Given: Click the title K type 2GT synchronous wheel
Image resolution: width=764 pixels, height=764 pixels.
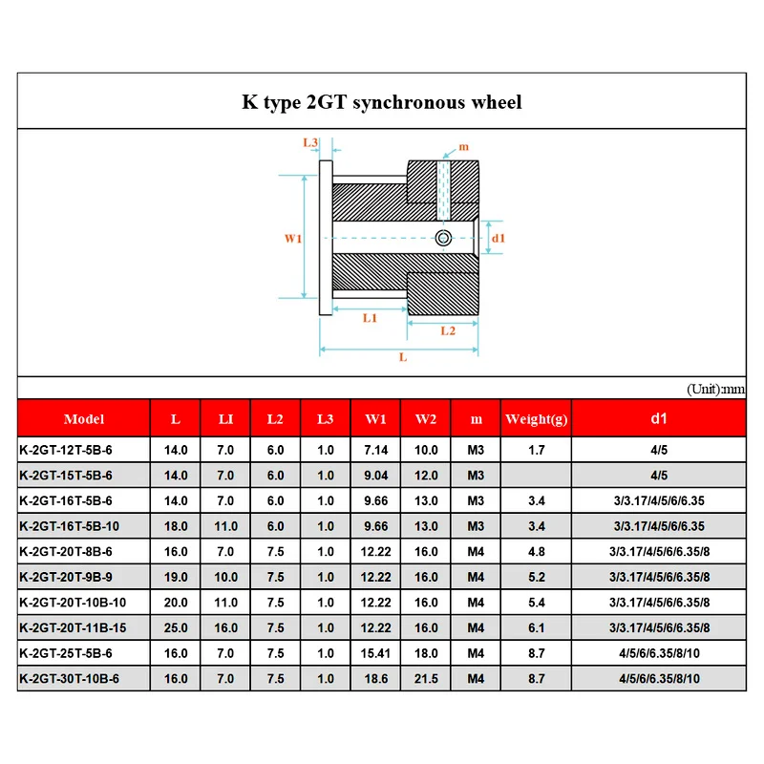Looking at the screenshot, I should click(x=381, y=102).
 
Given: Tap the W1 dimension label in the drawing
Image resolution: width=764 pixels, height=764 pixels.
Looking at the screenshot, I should click(x=293, y=238).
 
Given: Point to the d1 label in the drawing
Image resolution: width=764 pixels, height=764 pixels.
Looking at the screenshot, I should click(x=499, y=238).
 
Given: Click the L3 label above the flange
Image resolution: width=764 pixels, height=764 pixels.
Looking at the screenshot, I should click(x=310, y=142).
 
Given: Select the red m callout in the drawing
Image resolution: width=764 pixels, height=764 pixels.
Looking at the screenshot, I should click(x=464, y=146).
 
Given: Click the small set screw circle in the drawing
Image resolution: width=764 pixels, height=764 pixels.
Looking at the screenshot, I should click(x=442, y=238).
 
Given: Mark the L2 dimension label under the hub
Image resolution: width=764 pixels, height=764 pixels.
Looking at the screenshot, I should click(x=446, y=330).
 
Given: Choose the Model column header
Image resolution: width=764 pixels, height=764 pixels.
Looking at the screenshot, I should click(x=84, y=419).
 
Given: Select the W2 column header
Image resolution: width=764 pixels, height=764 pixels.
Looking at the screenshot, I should click(x=426, y=419).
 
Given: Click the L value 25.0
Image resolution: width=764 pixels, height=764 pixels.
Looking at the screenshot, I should click(x=177, y=627).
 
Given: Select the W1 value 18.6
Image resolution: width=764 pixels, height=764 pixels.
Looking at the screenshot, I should click(x=375, y=678).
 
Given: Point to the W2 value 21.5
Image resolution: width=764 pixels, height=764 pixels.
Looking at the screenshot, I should click(x=426, y=678).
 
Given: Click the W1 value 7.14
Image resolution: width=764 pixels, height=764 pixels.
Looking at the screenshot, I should click(x=375, y=450).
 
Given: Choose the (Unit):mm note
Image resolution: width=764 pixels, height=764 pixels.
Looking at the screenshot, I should click(x=715, y=390).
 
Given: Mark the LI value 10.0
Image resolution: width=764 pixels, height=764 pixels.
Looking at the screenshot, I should click(x=226, y=577).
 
